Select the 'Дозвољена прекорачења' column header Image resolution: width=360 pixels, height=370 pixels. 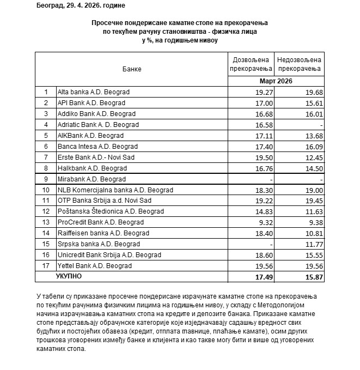252,64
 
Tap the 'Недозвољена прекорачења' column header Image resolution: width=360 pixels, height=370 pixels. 298,64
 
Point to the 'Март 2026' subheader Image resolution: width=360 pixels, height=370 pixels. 276,81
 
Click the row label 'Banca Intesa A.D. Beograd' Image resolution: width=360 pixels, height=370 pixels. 97,147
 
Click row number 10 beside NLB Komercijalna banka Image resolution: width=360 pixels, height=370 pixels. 46,190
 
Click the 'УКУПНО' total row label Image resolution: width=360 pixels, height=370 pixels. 69,277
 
